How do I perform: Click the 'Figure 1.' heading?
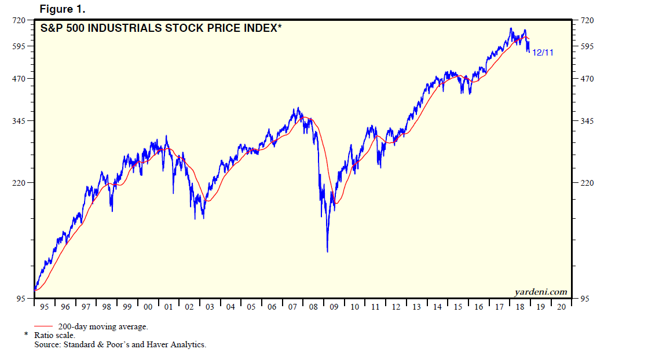click(x=62, y=9)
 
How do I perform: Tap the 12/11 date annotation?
click(x=543, y=53)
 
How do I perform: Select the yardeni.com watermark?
click(x=540, y=292)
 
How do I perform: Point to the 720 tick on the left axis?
click(x=19, y=20)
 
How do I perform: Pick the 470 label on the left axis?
click(x=19, y=79)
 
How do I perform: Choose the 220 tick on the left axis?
click(x=19, y=183)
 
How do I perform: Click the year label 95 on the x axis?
click(x=45, y=307)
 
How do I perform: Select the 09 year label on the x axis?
click(x=334, y=307)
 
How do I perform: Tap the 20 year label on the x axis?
click(x=561, y=307)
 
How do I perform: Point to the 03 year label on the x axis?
click(x=210, y=307)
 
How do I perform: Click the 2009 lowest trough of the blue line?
click(x=327, y=251)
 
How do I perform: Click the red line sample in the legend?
click(x=44, y=327)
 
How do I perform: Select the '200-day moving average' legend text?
click(x=103, y=327)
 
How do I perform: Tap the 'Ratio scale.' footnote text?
click(x=54, y=336)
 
